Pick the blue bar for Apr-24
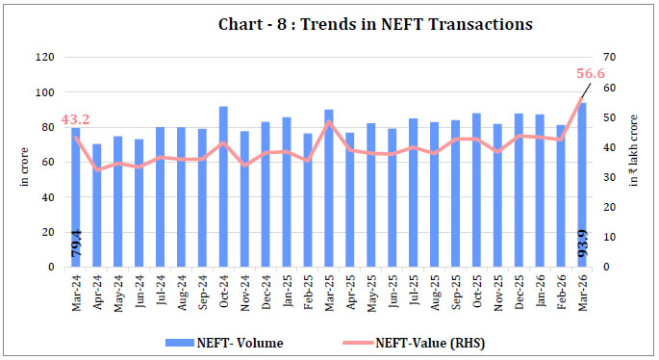96,205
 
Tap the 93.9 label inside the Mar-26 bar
582,249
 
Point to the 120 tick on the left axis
44,58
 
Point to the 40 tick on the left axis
47,197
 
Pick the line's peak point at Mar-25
329,121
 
